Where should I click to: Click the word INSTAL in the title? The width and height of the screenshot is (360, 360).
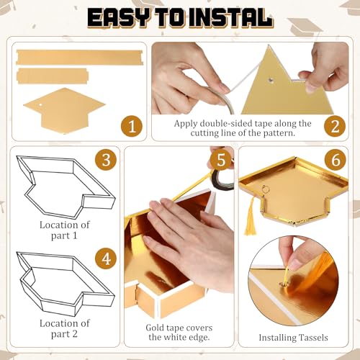coord(230,17)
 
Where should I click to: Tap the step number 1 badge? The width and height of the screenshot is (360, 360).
coord(132,127)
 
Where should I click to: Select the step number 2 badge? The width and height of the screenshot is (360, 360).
coord(335,127)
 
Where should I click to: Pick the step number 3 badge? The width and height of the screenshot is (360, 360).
coord(106,160)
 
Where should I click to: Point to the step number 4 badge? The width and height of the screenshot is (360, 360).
coord(106,259)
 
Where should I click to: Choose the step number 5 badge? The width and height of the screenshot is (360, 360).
coord(220,160)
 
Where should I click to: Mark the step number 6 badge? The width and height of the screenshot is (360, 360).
coord(336,160)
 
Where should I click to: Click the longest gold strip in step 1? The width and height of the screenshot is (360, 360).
coord(79,57)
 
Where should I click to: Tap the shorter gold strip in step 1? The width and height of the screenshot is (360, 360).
coord(53,76)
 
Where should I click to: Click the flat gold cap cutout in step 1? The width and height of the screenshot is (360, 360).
coord(64,110)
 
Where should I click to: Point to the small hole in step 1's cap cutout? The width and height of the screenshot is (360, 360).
coord(41,104)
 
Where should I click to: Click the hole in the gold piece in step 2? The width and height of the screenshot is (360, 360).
coord(271,80)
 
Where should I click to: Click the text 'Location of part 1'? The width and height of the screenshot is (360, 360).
coord(65,230)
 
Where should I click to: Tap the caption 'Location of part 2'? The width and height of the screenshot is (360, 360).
coord(65,328)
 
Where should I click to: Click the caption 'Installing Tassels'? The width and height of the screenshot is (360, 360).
coord(293,338)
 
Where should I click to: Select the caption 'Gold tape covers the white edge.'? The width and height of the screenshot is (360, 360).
coord(179,333)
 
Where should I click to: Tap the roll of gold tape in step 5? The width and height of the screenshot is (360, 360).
coord(222,179)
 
